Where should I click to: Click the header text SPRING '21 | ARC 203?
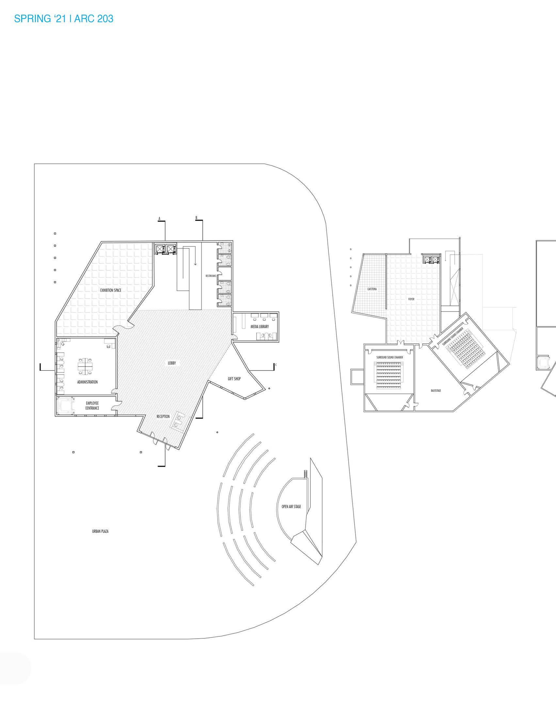coord(63,19)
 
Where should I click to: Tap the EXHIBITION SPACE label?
coord(110,290)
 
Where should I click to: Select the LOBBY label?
coord(172,363)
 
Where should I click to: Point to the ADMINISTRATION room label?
coord(87,382)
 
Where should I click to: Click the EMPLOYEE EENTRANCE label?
coord(92,406)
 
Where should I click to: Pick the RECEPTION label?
coord(163,416)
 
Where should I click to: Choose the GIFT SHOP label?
coord(234,379)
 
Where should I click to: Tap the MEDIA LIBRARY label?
coord(260,327)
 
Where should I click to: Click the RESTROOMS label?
coord(211,276)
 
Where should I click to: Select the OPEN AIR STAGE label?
coord(291,507)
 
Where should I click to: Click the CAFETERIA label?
coord(372,289)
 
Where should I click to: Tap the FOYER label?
coord(411,299)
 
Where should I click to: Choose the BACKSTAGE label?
coord(436,391)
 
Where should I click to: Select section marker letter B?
coord(196,218)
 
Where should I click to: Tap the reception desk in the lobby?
coord(178,421)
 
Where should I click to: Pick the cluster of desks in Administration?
coord(85,365)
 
